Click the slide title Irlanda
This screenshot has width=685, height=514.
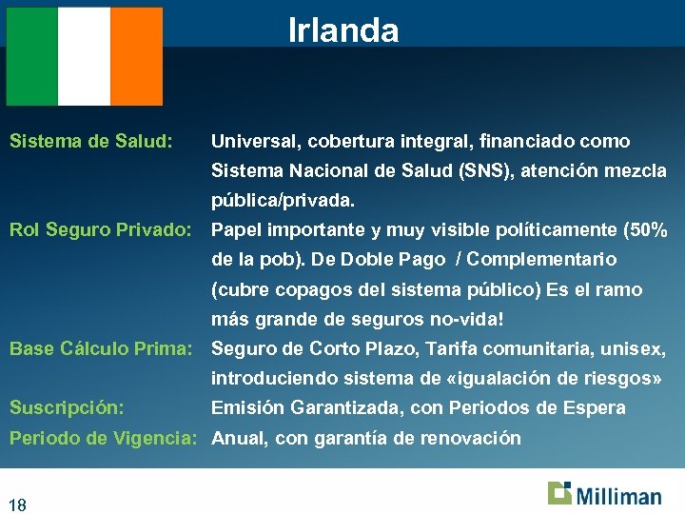[x=343, y=31]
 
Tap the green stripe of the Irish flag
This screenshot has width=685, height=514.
[x=32, y=56]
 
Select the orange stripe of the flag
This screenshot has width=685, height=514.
[x=136, y=56]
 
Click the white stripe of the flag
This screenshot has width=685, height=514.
[x=84, y=56]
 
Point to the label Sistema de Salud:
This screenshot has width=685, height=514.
[x=90, y=142]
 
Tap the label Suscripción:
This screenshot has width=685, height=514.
[x=67, y=407]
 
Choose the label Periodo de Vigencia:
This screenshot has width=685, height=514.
[x=105, y=438]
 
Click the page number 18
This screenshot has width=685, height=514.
[x=18, y=504]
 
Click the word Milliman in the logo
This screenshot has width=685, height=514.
[x=617, y=496]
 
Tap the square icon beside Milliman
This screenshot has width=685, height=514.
[x=559, y=493]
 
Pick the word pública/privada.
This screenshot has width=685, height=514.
[x=283, y=202]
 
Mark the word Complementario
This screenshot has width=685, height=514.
[x=542, y=259]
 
